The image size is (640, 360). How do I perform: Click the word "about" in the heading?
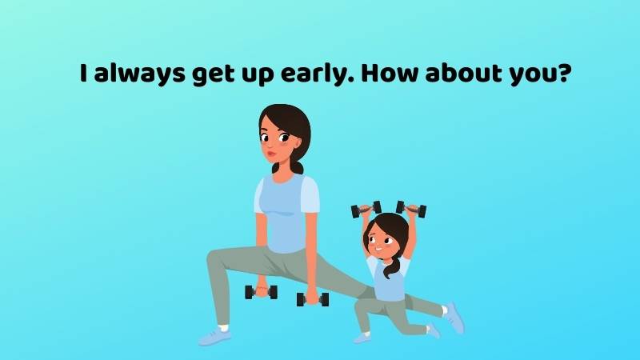click(x=466, y=74)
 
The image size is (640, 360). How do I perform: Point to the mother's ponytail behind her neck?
click(x=298, y=166)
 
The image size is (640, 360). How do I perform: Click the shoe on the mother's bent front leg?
click(x=214, y=335)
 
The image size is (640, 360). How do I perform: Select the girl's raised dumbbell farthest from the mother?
click(x=411, y=209)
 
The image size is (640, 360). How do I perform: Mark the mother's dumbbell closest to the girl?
click(x=312, y=299)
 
